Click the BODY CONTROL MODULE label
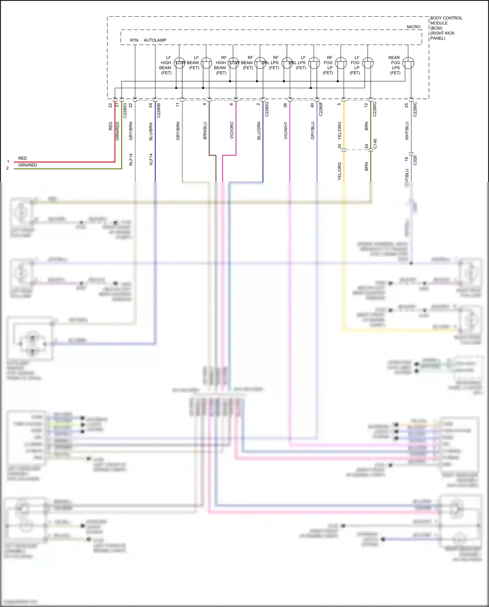pos(446,28)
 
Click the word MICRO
pos(413,27)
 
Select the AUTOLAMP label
pos(155,40)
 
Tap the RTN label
pos(134,40)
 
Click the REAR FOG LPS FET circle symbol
pos(408,63)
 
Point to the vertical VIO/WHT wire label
pos(286,131)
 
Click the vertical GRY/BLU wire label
pos(313,131)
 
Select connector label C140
pos(375,144)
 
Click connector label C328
pos(415,160)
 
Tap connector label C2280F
pos(321,109)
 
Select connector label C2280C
pos(415,109)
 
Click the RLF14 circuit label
pos(131,159)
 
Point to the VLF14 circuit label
pos(151,159)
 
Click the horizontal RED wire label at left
pos(22,158)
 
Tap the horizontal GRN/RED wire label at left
pos(27,165)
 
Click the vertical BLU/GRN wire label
pos(259,131)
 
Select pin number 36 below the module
pos(285,105)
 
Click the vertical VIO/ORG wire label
pos(232,131)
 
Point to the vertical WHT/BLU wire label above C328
pos(407,131)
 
